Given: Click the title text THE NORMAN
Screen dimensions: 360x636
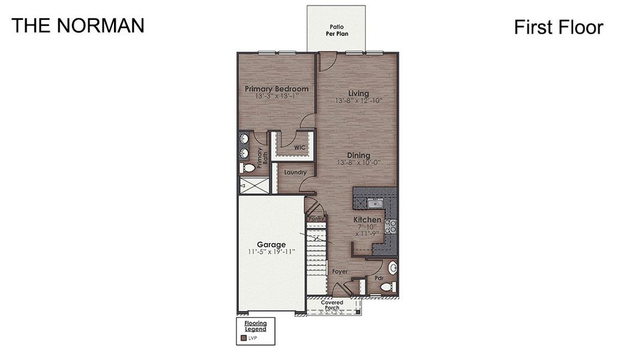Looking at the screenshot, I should (77, 25).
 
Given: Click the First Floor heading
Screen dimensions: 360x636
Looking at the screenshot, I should (558, 27).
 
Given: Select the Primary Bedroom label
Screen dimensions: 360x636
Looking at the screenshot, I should (277, 89).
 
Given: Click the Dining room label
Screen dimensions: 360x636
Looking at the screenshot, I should (359, 155).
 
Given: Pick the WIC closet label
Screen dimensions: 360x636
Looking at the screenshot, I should (299, 147).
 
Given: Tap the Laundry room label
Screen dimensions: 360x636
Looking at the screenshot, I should (295, 173).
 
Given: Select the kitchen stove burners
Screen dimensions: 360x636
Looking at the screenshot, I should (390, 226).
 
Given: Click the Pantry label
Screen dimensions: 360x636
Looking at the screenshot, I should (316, 219).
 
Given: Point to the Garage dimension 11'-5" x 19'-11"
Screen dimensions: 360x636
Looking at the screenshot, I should (271, 252).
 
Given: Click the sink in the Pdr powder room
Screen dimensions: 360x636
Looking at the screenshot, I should (393, 267).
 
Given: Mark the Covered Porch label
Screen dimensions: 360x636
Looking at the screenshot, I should (332, 305).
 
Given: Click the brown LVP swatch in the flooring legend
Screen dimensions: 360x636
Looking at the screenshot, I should (244, 338).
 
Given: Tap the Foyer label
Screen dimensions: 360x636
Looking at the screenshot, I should (340, 272).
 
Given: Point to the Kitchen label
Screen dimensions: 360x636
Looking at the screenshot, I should (367, 220).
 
